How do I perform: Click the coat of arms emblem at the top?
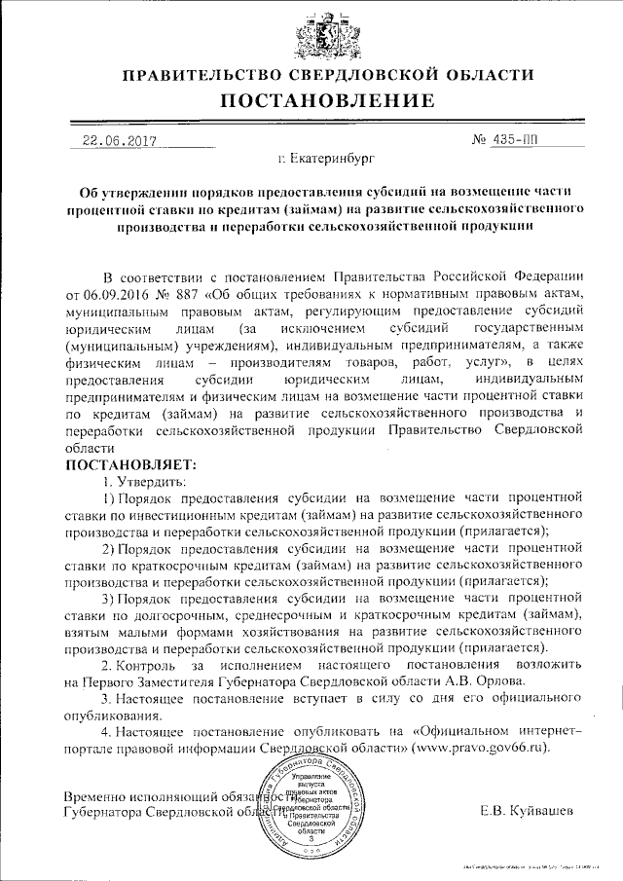311,32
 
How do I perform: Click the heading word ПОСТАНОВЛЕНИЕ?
311,100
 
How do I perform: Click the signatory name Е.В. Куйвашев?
528,810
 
